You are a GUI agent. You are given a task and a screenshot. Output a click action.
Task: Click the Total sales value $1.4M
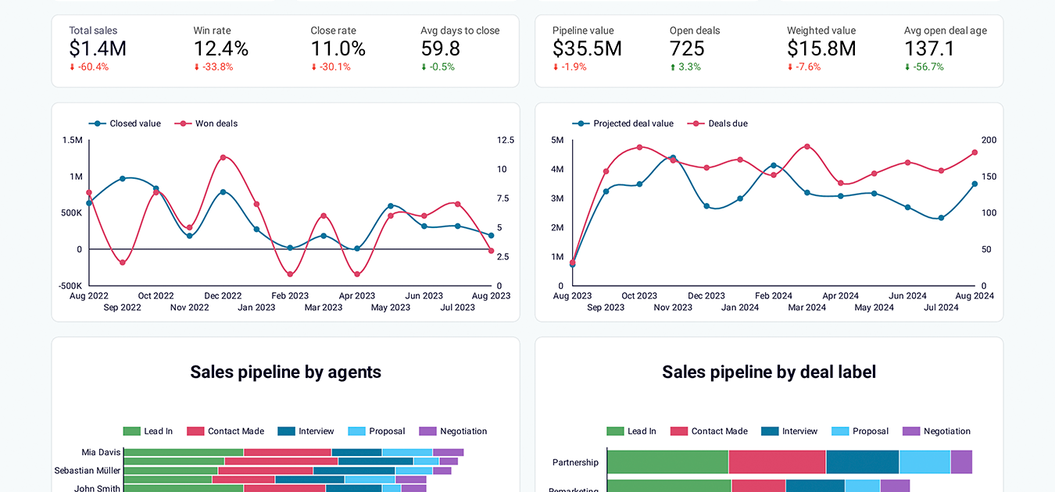pyautogui.click(x=98, y=48)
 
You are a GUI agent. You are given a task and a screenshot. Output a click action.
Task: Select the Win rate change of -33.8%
pyautogui.click(x=213, y=67)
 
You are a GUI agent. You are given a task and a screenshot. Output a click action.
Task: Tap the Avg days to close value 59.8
pyautogui.click(x=440, y=48)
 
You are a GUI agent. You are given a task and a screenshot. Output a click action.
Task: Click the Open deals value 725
pyautogui.click(x=687, y=48)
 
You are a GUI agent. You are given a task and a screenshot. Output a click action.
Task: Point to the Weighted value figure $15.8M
pyautogui.click(x=821, y=48)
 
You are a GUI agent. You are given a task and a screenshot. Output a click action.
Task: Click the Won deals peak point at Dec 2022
pyautogui.click(x=223, y=158)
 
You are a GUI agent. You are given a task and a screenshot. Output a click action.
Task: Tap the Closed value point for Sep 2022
pyautogui.click(x=123, y=179)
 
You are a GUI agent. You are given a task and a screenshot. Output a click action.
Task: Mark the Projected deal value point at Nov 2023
pyautogui.click(x=673, y=158)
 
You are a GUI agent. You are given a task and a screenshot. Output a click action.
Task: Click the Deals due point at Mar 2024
pyautogui.click(x=807, y=147)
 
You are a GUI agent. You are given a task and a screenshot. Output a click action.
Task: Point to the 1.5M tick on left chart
pyautogui.click(x=72, y=141)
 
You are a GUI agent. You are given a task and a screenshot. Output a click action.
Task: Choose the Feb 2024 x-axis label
pyautogui.click(x=773, y=296)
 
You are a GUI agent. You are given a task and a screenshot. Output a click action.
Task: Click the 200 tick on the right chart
pyautogui.click(x=989, y=141)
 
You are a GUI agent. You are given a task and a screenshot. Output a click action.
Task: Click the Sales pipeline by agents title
pyautogui.click(x=285, y=372)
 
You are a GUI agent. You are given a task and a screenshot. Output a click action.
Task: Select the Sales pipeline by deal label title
pyautogui.click(x=769, y=372)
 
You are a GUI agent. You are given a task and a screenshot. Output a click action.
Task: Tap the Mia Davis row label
pyautogui.click(x=101, y=452)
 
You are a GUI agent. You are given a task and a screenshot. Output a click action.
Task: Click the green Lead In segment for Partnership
pyautogui.click(x=667, y=462)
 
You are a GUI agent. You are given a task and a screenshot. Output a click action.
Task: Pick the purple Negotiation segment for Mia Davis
pyautogui.click(x=448, y=452)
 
